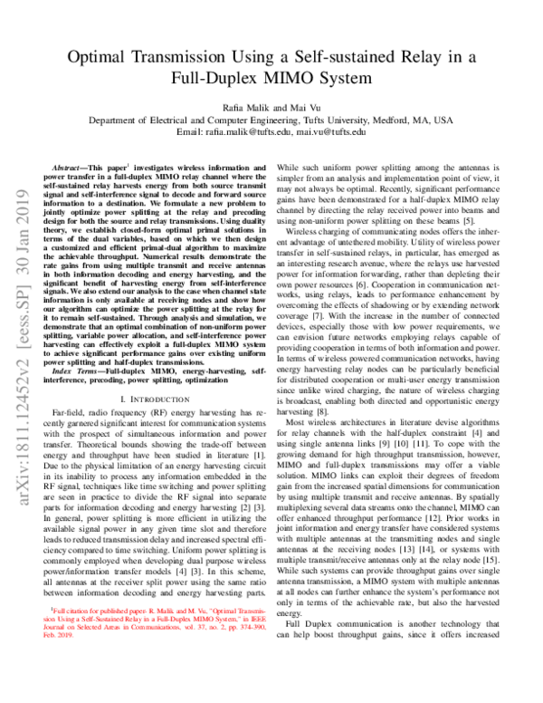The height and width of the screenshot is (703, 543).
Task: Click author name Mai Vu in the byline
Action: tap(308, 105)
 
